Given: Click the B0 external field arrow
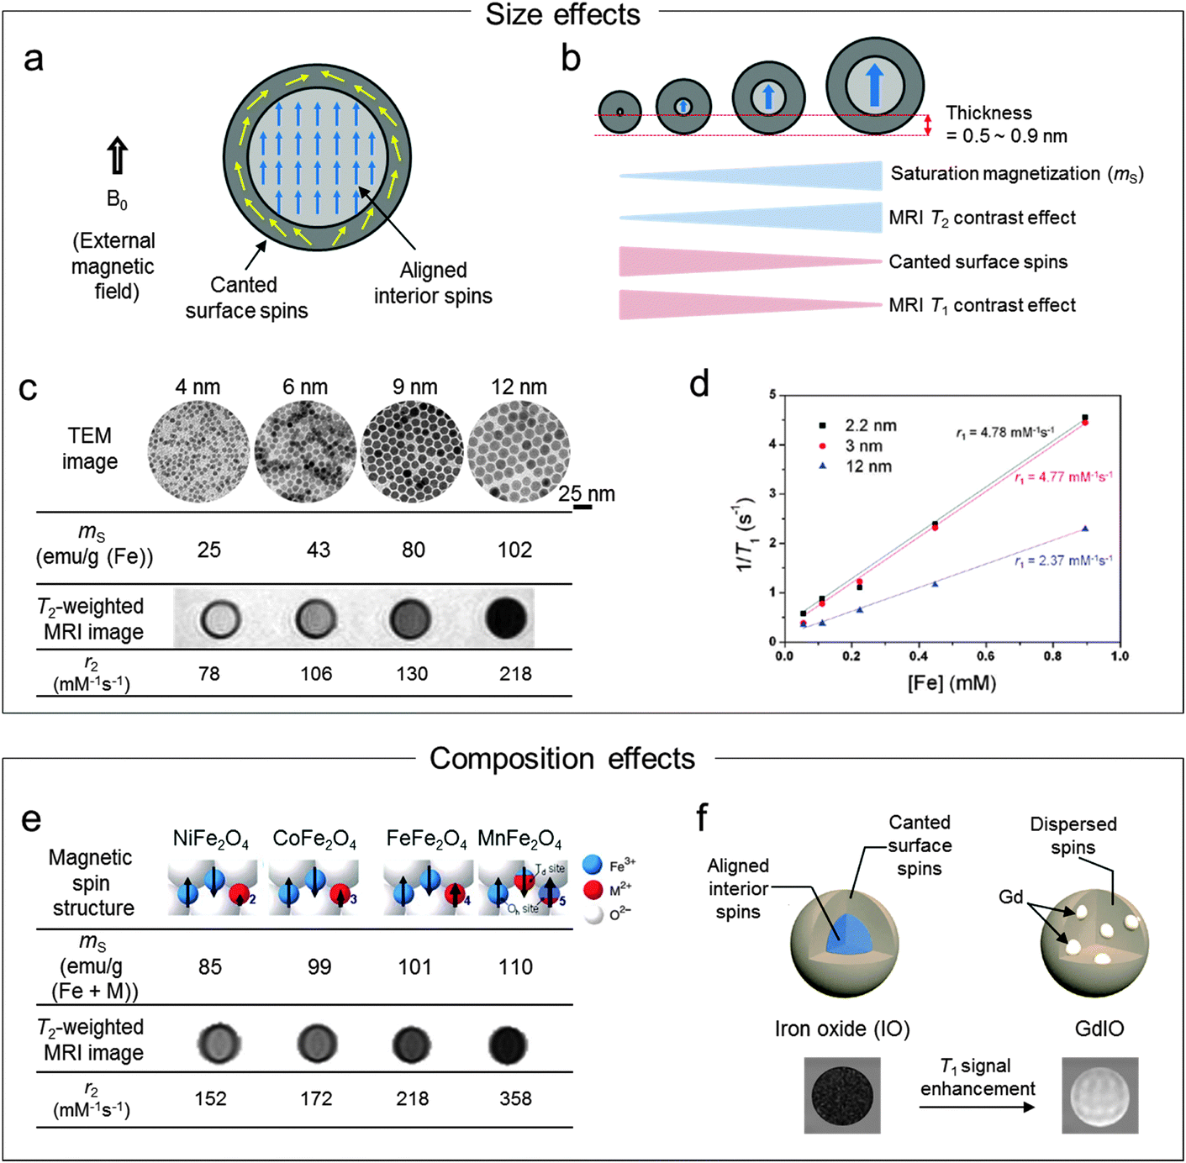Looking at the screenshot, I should (117, 156).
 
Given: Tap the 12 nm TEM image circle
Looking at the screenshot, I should (519, 452).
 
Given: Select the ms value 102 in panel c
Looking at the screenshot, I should (514, 550).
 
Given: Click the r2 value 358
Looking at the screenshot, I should (515, 1099).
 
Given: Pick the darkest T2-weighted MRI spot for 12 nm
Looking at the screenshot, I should (506, 619).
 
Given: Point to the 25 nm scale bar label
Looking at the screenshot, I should (587, 494).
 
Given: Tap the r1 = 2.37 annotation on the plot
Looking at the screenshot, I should (1063, 560).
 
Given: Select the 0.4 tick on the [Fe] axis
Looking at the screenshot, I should (918, 656).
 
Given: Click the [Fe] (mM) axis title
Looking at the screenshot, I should (951, 682).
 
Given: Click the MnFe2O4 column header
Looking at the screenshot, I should (519, 839).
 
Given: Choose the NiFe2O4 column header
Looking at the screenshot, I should (211, 839).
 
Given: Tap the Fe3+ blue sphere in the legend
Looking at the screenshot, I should (593, 865).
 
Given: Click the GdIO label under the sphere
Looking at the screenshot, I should (1099, 1029).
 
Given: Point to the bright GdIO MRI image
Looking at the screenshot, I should (1099, 1095).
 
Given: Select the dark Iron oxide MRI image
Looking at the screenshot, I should (842, 1095).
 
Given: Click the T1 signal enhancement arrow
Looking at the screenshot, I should (977, 1108).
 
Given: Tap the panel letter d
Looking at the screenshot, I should (698, 384).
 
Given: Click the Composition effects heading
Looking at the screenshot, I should (562, 759).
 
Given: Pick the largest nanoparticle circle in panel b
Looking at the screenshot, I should (874, 86).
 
